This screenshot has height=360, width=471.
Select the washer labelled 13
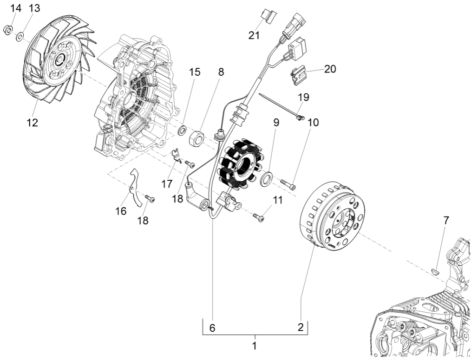20,37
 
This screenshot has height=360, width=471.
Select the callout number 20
330,69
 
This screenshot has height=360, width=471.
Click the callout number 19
303,98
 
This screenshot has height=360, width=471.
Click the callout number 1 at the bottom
254,346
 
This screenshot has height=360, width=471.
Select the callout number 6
212,327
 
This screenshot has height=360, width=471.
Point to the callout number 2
301,327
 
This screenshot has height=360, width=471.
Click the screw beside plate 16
150,199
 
